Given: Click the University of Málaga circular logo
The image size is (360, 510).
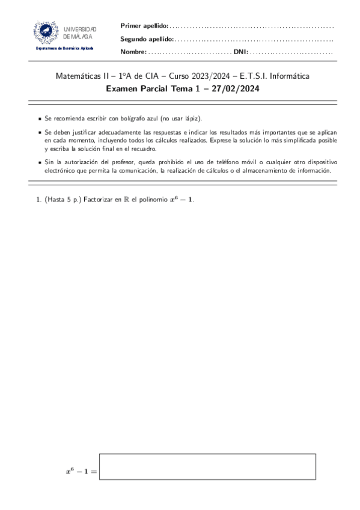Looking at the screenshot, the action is pos(46,31).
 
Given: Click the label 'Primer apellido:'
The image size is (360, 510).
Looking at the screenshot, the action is pos(144,25).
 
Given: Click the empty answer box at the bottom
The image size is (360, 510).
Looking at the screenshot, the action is pos(207,466).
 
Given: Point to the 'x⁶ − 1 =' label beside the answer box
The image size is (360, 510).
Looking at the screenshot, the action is pos(81,472).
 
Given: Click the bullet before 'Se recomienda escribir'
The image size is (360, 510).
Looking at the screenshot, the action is pos(40,120).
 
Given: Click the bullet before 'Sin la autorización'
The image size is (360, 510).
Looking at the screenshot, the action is pos(40,163).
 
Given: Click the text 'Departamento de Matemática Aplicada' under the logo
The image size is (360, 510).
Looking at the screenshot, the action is pos(65,48).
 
